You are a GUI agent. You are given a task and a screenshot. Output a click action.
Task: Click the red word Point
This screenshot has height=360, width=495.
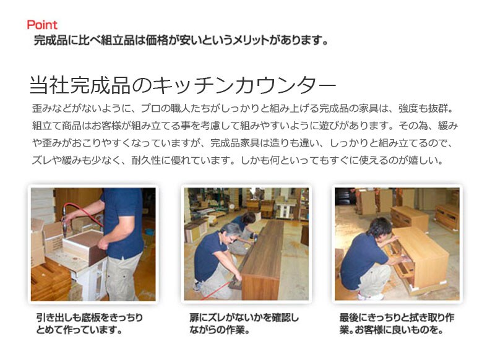tap(42, 25)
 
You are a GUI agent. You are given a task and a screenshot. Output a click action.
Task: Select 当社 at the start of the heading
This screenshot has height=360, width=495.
tap(49, 85)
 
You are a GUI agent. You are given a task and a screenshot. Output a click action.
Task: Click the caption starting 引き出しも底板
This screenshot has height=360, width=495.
tap(89, 324)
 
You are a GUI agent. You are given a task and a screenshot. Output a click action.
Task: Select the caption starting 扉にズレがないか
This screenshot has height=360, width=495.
tap(244, 324)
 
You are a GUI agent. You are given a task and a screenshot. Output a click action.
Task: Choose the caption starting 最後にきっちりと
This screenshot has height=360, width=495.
tap(397, 324)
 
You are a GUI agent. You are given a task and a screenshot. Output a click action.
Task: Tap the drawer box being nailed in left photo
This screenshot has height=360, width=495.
tap(84, 246)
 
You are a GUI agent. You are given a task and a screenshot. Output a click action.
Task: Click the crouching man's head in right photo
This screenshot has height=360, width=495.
tap(379, 228)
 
